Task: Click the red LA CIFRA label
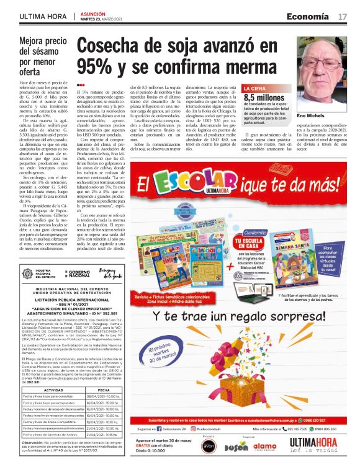coord(256,89)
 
